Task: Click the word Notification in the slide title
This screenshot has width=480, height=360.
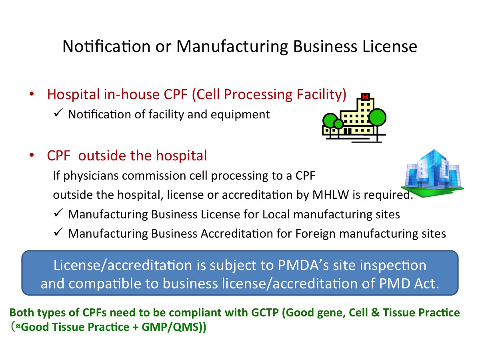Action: click(x=106, y=46)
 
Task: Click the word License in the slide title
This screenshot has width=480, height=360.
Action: click(x=390, y=46)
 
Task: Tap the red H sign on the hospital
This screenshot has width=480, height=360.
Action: click(x=365, y=96)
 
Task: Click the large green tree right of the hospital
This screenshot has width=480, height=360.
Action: click(x=377, y=118)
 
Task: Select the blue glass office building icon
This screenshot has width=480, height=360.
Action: click(x=432, y=173)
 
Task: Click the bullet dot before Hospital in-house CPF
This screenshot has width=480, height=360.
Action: click(x=32, y=94)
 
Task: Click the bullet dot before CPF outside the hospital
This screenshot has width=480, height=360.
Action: click(x=32, y=155)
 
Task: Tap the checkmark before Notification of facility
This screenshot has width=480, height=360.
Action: click(x=58, y=113)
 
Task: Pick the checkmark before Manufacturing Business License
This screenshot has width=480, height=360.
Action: click(x=58, y=213)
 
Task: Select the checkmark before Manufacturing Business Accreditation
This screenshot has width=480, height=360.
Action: click(x=58, y=232)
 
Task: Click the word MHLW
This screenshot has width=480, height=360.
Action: click(x=330, y=194)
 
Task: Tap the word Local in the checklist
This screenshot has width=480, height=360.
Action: click(x=276, y=214)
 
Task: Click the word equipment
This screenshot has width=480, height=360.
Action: click(x=240, y=115)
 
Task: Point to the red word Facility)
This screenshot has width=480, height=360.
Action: click(x=322, y=95)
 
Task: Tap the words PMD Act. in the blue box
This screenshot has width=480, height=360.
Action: click(x=409, y=284)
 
